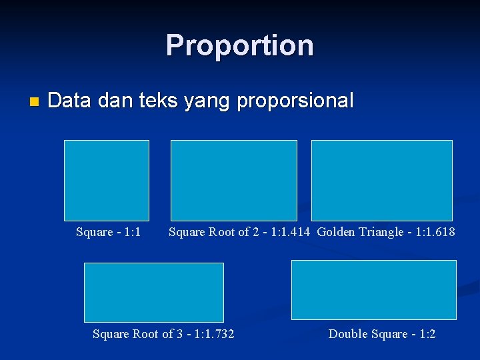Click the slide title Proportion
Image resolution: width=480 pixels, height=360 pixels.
(x=240, y=45)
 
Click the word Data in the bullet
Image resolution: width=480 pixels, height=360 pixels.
(x=70, y=101)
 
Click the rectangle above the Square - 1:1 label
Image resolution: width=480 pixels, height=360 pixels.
(x=107, y=180)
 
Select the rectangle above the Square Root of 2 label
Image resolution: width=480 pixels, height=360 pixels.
(x=234, y=180)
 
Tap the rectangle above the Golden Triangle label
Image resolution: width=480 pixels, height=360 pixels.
(x=382, y=180)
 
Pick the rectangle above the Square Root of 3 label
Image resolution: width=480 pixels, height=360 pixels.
(x=154, y=292)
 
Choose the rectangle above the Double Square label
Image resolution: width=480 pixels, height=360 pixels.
(x=374, y=289)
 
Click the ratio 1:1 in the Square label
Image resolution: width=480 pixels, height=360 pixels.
(x=132, y=232)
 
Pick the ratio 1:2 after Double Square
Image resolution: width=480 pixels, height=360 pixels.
(x=427, y=333)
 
